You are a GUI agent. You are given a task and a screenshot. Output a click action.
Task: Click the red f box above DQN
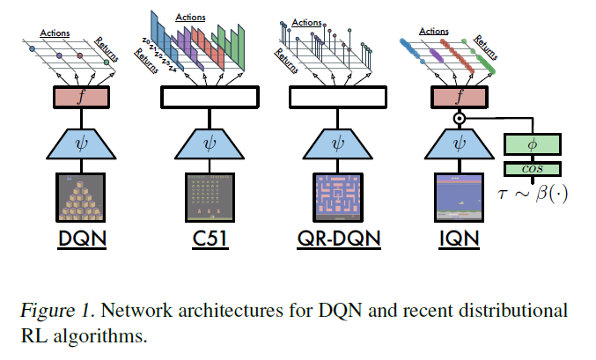click(82, 97)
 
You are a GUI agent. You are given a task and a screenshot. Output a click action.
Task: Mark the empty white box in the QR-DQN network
click(335, 97)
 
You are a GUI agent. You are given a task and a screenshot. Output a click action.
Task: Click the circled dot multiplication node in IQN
click(457, 117)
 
